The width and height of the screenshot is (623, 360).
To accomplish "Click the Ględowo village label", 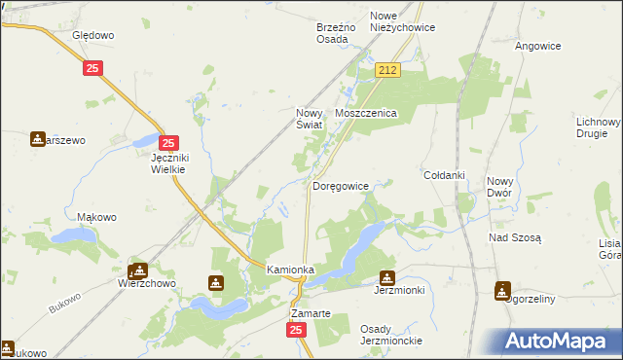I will (x=93, y=35).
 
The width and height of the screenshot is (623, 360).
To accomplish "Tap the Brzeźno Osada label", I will (x=339, y=33).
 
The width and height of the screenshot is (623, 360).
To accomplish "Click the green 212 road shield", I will (x=388, y=70).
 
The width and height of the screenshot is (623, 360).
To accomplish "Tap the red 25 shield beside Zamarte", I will (x=297, y=331).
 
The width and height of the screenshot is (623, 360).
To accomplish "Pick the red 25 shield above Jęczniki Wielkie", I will (x=167, y=142).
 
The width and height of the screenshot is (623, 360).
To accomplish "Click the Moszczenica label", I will (x=366, y=114).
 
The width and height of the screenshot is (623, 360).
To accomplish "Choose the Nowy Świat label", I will (x=313, y=118).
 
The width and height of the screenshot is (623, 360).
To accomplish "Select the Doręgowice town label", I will (x=340, y=186).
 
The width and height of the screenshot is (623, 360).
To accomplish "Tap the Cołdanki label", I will (x=444, y=175).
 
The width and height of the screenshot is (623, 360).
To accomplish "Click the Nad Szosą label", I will (x=515, y=236).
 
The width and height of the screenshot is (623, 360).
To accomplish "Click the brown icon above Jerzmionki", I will (x=387, y=276).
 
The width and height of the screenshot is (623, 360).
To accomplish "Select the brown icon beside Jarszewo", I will (x=37, y=140).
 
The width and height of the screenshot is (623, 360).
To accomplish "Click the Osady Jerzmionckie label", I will (x=390, y=335).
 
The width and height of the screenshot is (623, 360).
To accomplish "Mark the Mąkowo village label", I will (x=97, y=217).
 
